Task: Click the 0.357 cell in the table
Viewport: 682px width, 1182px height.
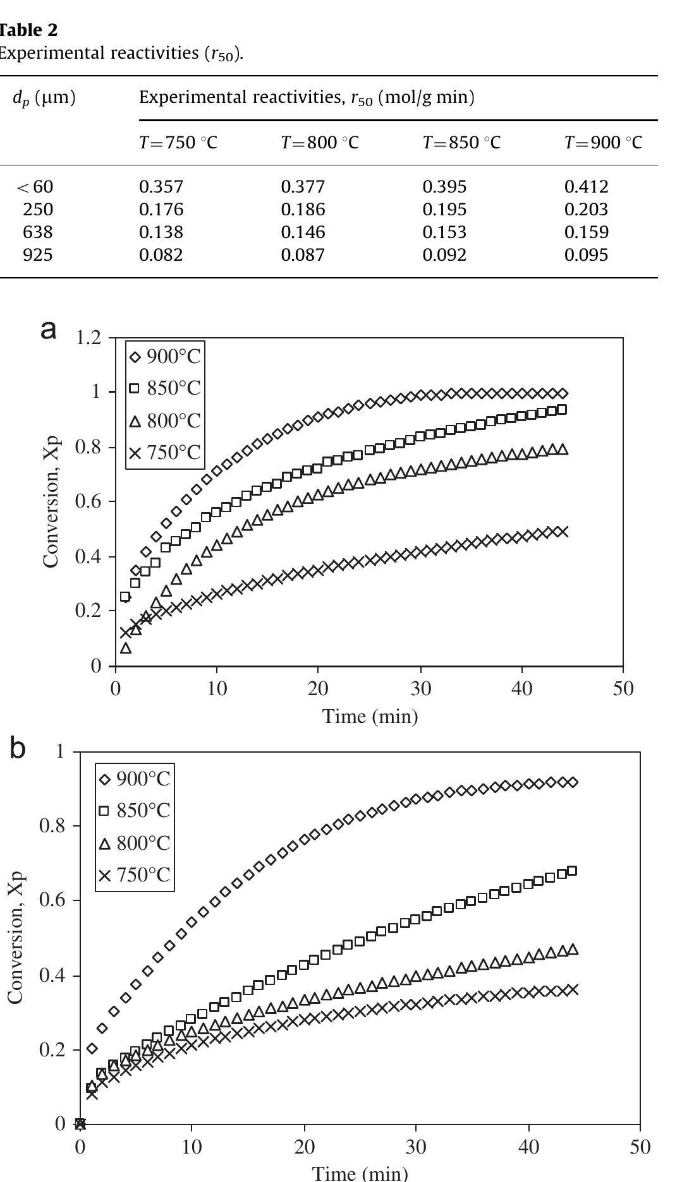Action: click(x=161, y=187)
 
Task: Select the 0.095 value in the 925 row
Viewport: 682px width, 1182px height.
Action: click(x=586, y=255)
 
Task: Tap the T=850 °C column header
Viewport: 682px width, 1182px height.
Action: click(x=461, y=143)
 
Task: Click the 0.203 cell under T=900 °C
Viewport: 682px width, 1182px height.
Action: click(x=586, y=210)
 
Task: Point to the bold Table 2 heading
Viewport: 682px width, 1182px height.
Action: click(x=28, y=30)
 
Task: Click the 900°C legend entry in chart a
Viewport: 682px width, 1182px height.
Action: click(x=166, y=357)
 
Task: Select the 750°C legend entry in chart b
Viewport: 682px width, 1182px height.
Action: click(x=135, y=875)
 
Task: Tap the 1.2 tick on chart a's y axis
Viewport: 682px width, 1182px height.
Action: click(x=88, y=338)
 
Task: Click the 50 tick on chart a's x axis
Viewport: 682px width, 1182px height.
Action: click(x=623, y=688)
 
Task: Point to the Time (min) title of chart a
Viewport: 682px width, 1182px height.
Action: click(x=370, y=717)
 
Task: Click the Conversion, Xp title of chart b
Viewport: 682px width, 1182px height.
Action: click(x=16, y=938)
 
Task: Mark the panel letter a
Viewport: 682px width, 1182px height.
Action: click(x=49, y=329)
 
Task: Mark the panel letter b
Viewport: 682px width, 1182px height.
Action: click(x=18, y=749)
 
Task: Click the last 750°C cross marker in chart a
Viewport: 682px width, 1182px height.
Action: click(x=562, y=532)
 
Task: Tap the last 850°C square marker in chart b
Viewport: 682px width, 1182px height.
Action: click(x=572, y=871)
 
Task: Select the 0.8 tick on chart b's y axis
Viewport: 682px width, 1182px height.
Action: click(x=51, y=826)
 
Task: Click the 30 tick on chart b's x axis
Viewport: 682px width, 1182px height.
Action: click(x=416, y=1146)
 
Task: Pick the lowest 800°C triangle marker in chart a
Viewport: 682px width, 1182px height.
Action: click(x=126, y=648)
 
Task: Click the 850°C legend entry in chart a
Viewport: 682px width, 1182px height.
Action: click(x=166, y=388)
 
